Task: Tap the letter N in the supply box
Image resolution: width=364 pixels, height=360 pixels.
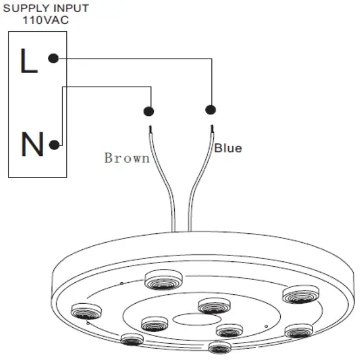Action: [x=32, y=145]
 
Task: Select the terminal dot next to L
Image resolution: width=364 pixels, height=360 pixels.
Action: [x=53, y=59]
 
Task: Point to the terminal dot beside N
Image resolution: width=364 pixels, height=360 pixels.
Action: [x=54, y=145]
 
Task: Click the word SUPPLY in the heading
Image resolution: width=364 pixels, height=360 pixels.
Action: [x=23, y=8]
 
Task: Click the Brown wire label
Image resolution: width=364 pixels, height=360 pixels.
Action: [x=126, y=158]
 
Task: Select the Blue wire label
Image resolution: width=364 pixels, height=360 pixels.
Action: [x=228, y=148]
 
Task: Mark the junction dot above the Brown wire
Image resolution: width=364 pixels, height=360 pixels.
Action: [x=148, y=111]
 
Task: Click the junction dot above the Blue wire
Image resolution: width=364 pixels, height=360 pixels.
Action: [x=210, y=109]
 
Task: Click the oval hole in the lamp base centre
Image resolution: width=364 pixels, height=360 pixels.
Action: [x=185, y=320]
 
